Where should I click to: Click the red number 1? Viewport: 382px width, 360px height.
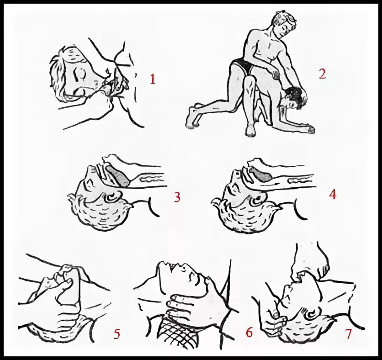click(153, 79)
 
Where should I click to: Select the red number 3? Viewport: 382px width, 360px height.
click(177, 197)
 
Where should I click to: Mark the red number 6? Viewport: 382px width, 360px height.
click(249, 332)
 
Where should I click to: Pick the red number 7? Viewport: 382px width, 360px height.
click(348, 334)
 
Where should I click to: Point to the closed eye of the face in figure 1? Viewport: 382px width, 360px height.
click(80, 74)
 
